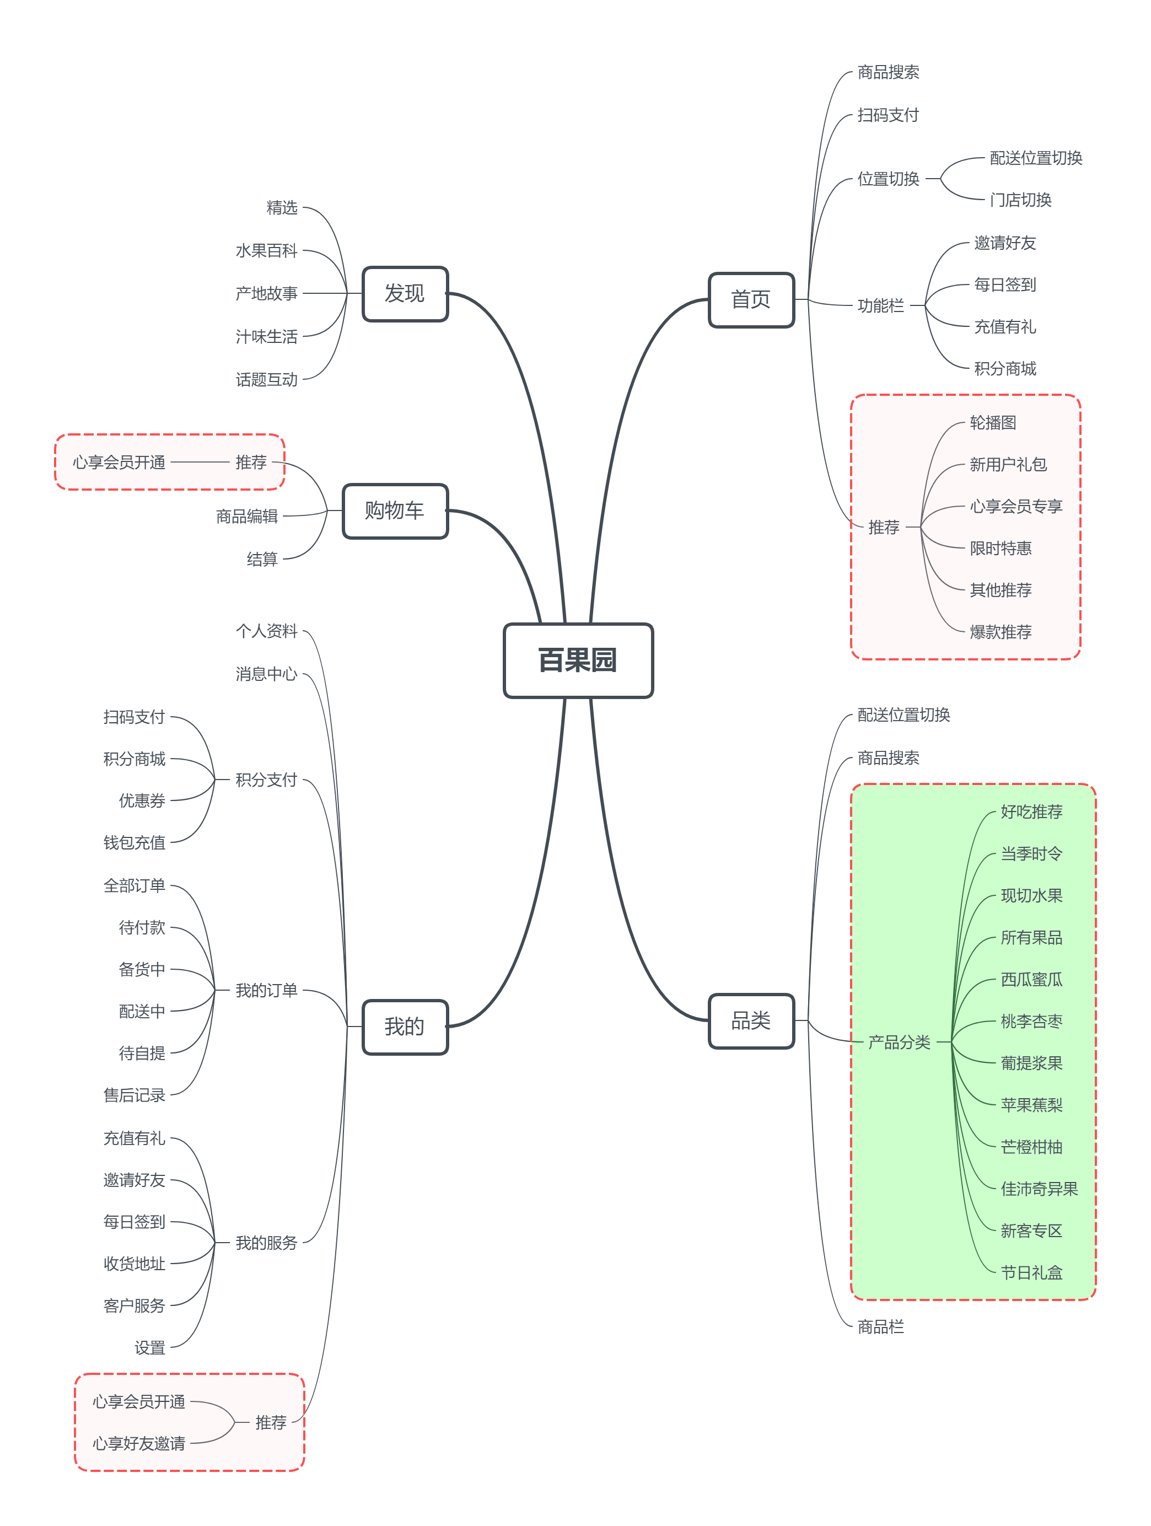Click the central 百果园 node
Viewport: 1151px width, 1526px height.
(578, 660)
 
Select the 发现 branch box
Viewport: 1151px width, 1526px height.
(405, 294)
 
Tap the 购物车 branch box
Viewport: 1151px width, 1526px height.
(395, 511)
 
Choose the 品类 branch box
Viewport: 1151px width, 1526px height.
(751, 1020)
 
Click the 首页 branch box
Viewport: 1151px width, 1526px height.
(751, 299)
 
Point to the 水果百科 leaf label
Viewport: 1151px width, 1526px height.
(266, 250)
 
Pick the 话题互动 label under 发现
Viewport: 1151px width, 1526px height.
(266, 379)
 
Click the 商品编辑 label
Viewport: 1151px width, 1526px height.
(247, 516)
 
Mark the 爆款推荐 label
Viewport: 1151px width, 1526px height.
(1000, 632)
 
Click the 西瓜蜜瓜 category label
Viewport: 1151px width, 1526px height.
(1031, 979)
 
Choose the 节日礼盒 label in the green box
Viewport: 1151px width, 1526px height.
(1031, 1272)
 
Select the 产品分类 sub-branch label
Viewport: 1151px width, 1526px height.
(899, 1042)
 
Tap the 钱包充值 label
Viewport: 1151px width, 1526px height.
(135, 842)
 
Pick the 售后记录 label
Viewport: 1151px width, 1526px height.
(135, 1095)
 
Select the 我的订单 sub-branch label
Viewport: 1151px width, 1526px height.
(266, 990)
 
